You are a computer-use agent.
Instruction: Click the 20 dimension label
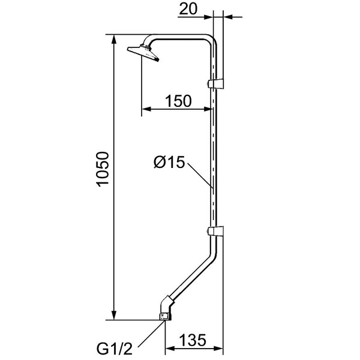[188, 10]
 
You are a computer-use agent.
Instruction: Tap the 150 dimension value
[178, 101]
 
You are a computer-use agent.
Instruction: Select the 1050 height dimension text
[102, 169]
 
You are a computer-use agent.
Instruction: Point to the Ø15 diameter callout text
[169, 162]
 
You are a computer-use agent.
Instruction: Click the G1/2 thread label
[115, 349]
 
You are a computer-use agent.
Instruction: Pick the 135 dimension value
[193, 340]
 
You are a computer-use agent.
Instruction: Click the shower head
[143, 53]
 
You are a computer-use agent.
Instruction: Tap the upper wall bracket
[215, 83]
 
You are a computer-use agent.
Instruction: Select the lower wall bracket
[215, 231]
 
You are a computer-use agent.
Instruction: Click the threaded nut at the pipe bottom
[166, 317]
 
